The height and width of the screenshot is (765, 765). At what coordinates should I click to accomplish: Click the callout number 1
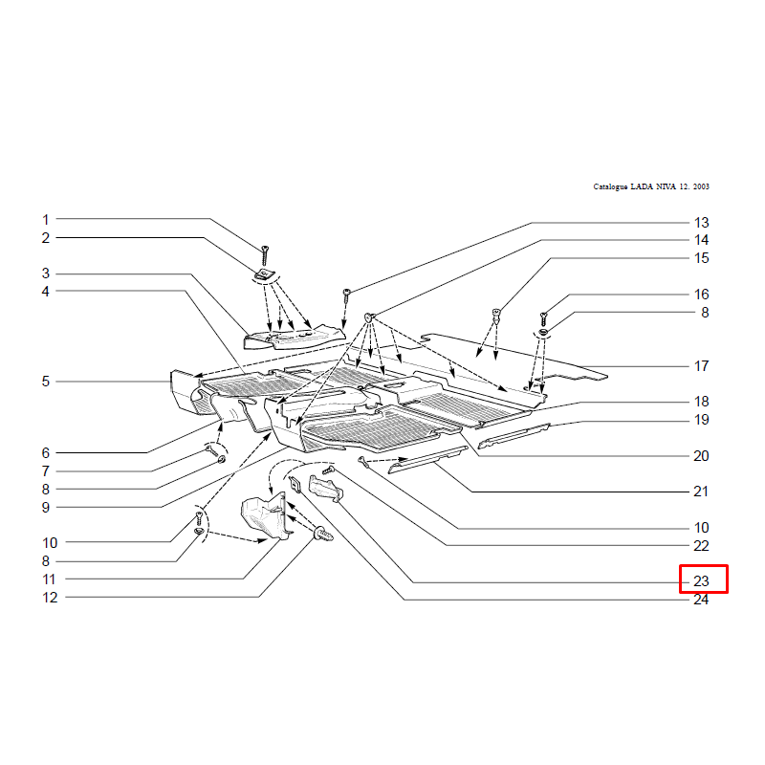(x=45, y=220)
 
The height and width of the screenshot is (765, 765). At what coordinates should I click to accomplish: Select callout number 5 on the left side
(x=45, y=382)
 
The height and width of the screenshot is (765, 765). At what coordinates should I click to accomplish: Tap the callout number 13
(x=701, y=223)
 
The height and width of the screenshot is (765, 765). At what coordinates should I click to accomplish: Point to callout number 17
(x=701, y=366)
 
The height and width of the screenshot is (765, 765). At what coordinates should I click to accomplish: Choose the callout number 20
(x=701, y=456)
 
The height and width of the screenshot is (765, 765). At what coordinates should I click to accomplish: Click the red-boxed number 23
(x=701, y=581)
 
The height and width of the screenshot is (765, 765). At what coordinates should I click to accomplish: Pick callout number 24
(x=701, y=600)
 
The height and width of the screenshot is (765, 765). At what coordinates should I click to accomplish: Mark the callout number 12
(x=50, y=598)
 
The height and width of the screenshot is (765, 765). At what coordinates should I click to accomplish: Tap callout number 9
(x=45, y=508)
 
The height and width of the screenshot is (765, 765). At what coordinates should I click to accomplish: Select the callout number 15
(x=701, y=258)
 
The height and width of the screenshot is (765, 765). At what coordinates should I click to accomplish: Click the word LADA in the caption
(x=642, y=186)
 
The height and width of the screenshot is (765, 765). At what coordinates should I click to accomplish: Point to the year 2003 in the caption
(x=701, y=186)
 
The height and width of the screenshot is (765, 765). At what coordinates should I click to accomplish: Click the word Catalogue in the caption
(x=610, y=186)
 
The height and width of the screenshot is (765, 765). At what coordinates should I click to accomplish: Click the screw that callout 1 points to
(x=265, y=255)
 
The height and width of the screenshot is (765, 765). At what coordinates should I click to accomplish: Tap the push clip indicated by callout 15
(x=496, y=317)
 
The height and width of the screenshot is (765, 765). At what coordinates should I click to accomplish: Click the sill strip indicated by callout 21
(x=427, y=460)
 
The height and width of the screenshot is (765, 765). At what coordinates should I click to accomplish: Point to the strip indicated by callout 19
(x=514, y=436)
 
